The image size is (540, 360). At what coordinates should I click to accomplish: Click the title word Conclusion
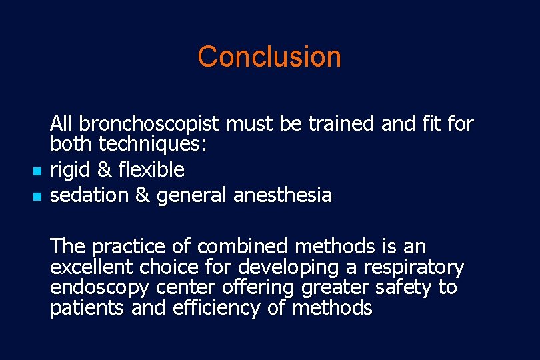click(x=269, y=57)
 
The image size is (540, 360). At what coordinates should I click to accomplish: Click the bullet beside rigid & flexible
click(x=37, y=172)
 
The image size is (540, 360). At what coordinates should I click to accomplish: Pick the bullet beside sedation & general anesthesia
click(x=37, y=197)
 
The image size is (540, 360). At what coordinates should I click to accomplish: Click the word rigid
click(x=70, y=170)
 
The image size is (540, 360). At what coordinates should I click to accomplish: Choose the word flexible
click(x=151, y=170)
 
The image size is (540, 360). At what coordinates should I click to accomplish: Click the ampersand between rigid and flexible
click(x=104, y=170)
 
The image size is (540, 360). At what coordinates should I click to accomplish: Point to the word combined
click(x=242, y=247)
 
